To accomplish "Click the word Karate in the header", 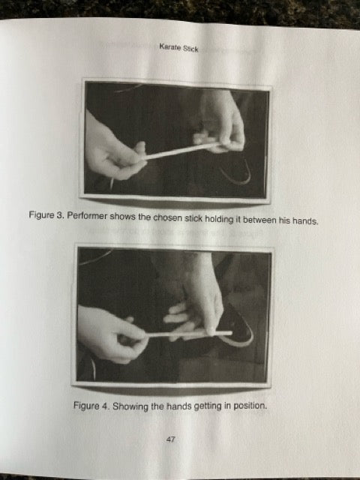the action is tap(169, 47).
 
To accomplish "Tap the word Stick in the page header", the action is tap(190, 49).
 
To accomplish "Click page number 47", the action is tap(171, 439).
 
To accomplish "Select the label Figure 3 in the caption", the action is tap(46, 215).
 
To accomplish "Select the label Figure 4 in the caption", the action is tap(91, 406).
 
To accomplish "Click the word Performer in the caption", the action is tap(87, 216).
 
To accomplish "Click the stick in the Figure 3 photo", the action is tap(181, 151).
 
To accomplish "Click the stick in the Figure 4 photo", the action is tap(189, 333).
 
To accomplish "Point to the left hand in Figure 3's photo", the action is tap(113, 150).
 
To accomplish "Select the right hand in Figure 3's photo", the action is tap(219, 122).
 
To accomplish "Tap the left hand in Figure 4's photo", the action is tap(112, 334).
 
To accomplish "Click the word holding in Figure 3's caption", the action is tap(219, 219).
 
